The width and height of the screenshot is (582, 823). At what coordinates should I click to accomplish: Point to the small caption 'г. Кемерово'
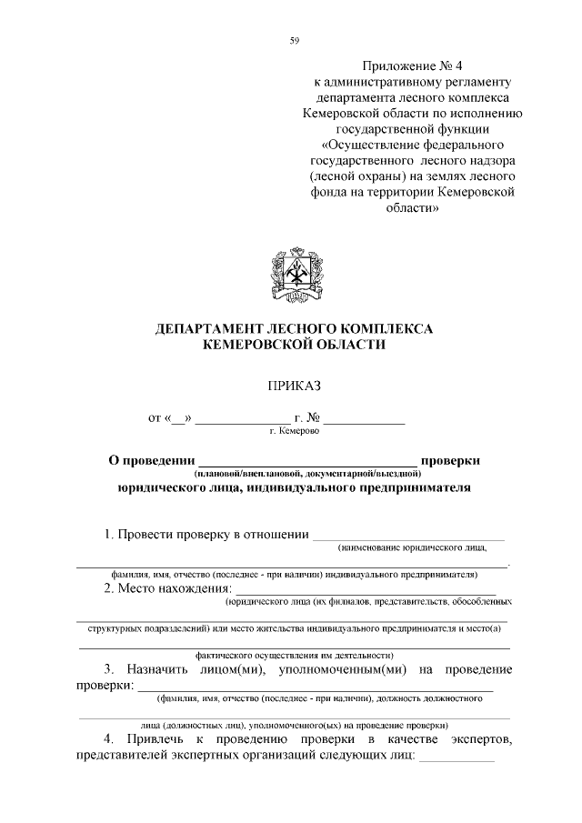(294, 434)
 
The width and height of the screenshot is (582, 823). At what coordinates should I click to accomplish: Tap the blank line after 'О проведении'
(307, 464)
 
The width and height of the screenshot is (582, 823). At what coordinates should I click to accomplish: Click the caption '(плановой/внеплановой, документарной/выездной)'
(306, 474)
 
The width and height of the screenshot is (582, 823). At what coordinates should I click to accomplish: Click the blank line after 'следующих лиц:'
(456, 759)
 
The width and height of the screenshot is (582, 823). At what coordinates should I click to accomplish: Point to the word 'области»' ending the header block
(412, 207)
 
